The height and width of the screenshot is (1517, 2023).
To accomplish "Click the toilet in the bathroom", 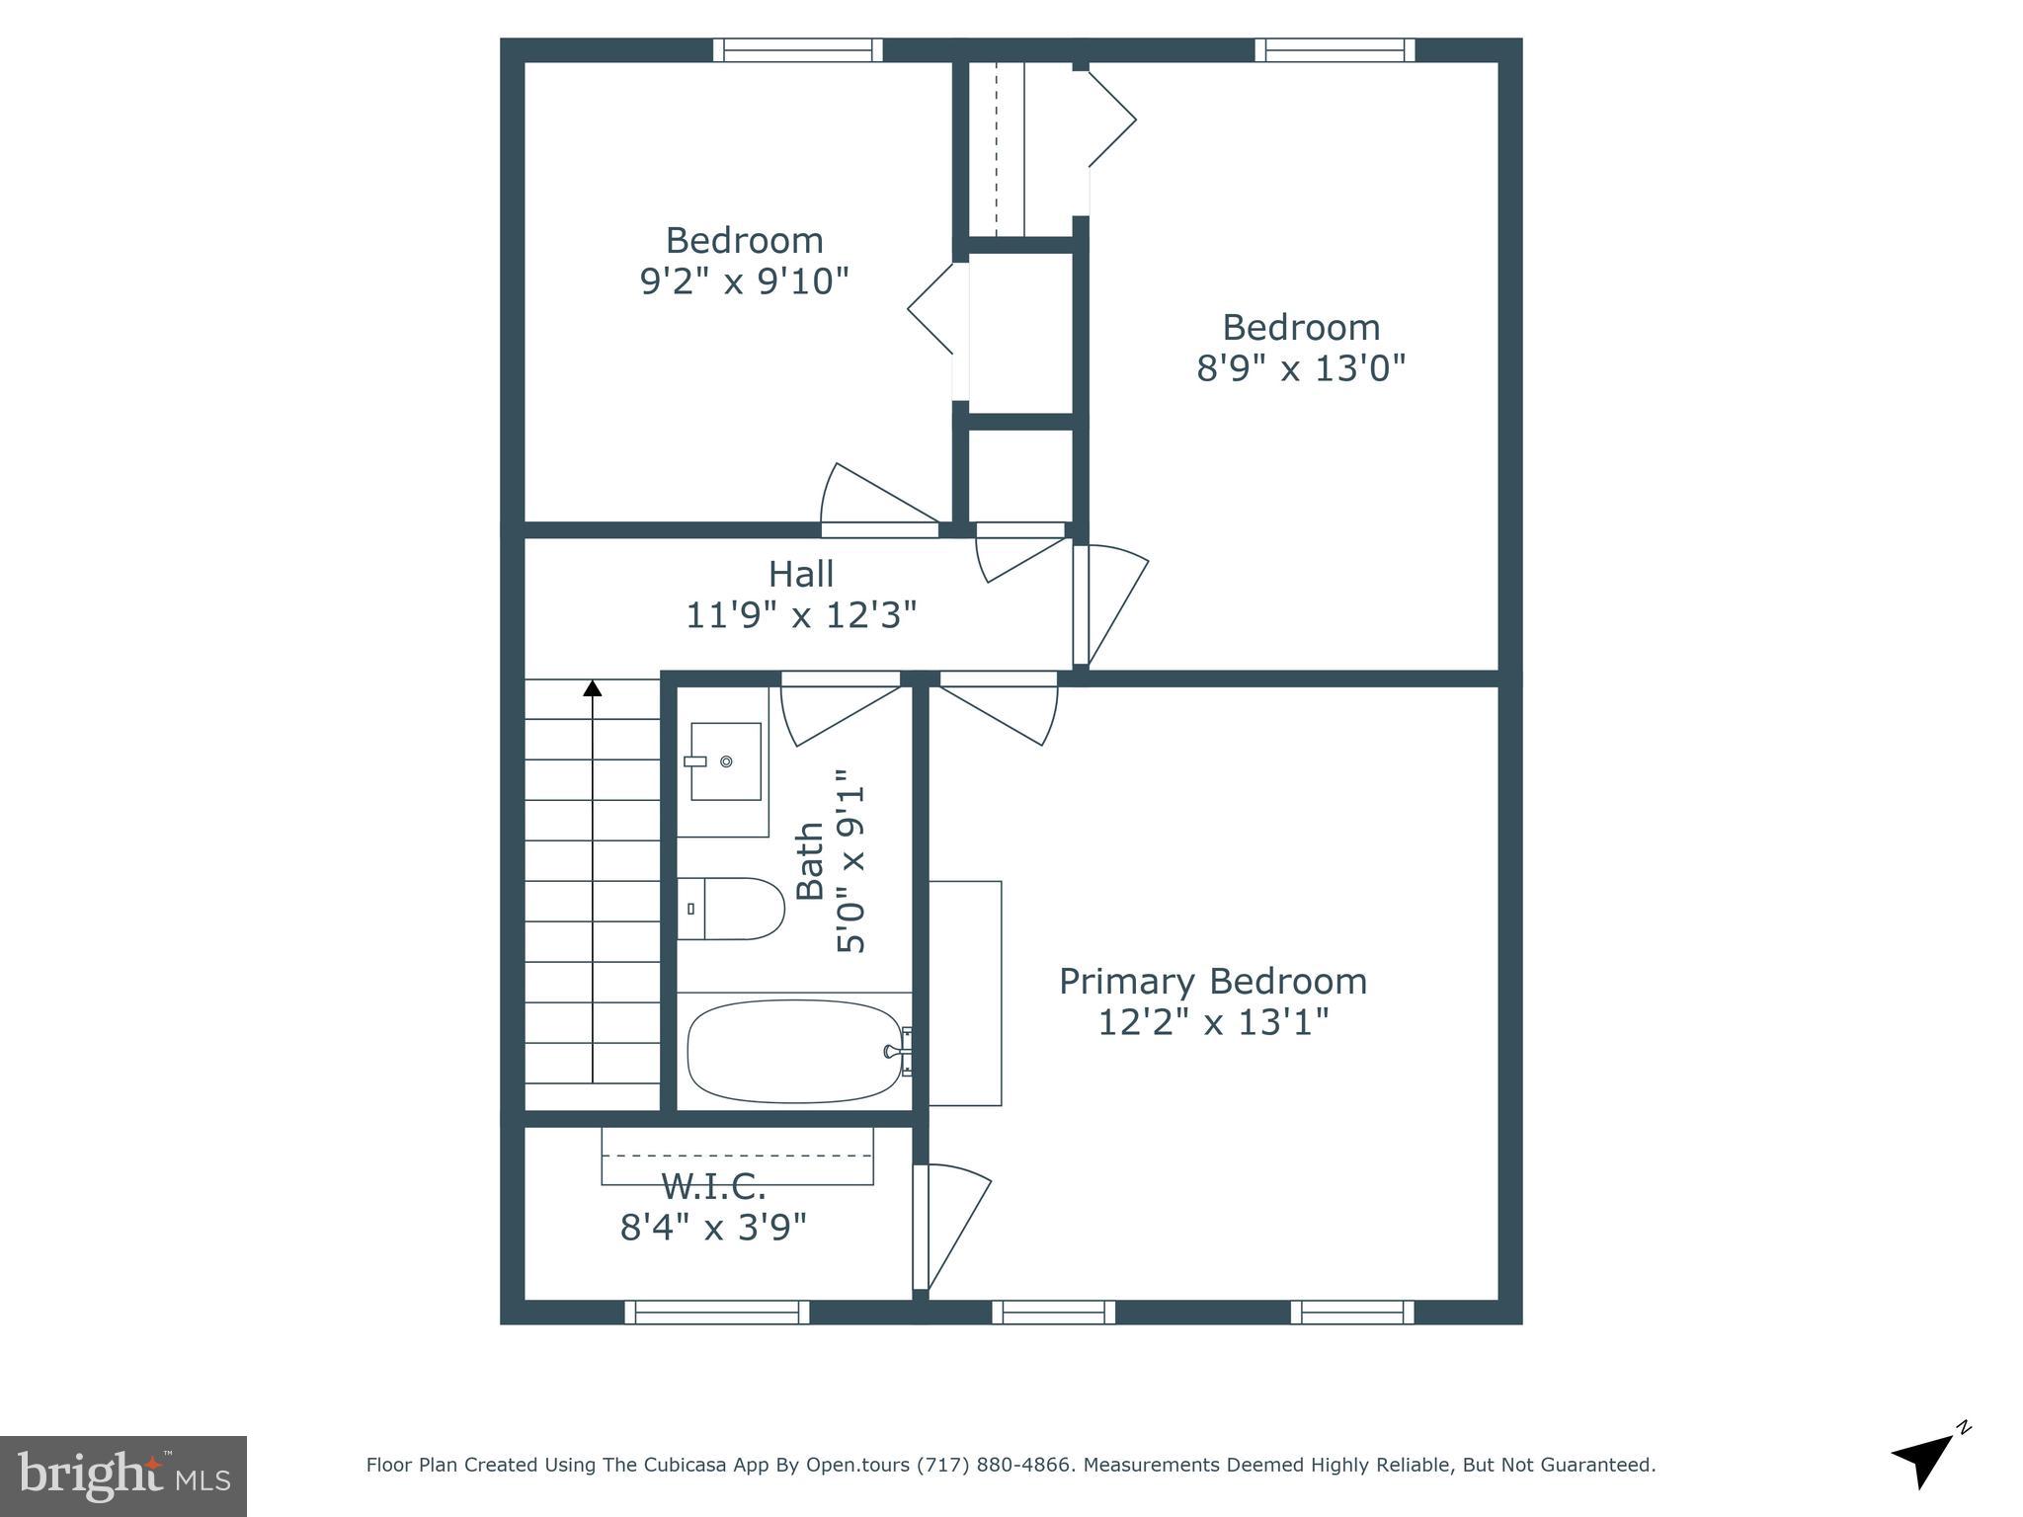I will (x=730, y=909).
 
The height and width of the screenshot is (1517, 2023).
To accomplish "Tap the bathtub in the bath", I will (x=794, y=1052).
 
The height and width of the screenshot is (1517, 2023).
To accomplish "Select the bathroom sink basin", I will (x=726, y=760).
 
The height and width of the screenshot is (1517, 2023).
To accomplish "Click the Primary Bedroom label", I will (x=1213, y=982).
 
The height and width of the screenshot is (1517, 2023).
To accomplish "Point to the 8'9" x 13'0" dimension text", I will (x=1301, y=368).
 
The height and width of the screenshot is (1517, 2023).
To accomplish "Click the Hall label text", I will (x=801, y=574).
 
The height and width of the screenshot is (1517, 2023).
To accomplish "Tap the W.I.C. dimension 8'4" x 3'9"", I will (x=713, y=1228).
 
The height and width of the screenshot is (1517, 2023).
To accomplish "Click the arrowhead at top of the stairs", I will (x=592, y=687).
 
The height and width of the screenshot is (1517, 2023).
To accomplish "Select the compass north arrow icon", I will (x=1927, y=1460).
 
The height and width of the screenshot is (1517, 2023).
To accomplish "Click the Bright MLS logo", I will (x=123, y=1477).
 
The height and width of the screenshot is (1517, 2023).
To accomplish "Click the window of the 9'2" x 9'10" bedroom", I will (x=797, y=49).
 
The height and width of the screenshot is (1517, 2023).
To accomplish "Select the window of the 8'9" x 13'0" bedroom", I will (x=1335, y=49).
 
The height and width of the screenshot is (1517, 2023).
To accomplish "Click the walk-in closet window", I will (x=717, y=1312).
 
